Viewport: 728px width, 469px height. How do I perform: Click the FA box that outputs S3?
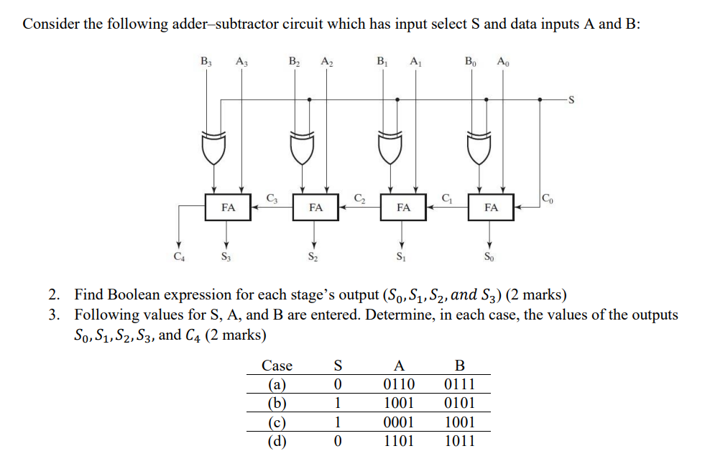tap(227, 207)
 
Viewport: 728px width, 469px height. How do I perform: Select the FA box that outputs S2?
tap(315, 207)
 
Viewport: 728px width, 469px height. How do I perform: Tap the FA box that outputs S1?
tap(403, 207)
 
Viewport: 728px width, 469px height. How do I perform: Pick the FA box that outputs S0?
tap(491, 207)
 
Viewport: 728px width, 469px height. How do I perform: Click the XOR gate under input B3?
tap(213, 147)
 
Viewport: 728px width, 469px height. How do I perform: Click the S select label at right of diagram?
tap(572, 99)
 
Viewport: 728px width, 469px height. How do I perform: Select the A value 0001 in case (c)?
tap(400, 422)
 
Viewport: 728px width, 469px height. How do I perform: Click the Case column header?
tap(277, 366)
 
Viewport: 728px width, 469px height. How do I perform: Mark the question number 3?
tap(54, 315)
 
